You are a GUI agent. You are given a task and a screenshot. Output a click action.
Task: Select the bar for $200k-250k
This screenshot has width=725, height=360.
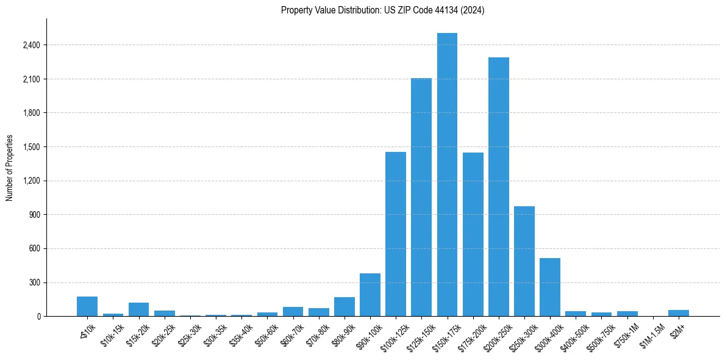(x=499, y=187)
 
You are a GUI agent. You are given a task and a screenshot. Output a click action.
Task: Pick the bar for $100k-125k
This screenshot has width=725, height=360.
(x=396, y=234)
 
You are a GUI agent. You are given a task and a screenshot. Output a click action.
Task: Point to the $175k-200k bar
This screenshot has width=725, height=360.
(x=473, y=234)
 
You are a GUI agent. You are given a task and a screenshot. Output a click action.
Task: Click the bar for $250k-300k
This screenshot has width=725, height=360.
(x=524, y=261)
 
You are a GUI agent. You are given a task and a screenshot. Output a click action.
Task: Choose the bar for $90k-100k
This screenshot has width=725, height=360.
(x=370, y=295)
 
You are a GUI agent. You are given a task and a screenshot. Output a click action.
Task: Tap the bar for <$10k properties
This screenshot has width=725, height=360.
(x=87, y=306)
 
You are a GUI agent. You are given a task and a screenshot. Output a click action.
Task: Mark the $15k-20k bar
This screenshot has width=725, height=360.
(x=138, y=309)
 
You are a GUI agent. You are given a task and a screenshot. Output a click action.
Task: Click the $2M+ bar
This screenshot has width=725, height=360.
(x=679, y=313)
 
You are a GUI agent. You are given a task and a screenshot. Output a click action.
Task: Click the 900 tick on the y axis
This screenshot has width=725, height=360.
(x=35, y=215)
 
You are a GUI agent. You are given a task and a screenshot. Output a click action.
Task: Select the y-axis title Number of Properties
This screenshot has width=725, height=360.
(x=9, y=168)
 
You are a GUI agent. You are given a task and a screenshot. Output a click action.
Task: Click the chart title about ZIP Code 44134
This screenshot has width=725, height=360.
(x=382, y=10)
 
